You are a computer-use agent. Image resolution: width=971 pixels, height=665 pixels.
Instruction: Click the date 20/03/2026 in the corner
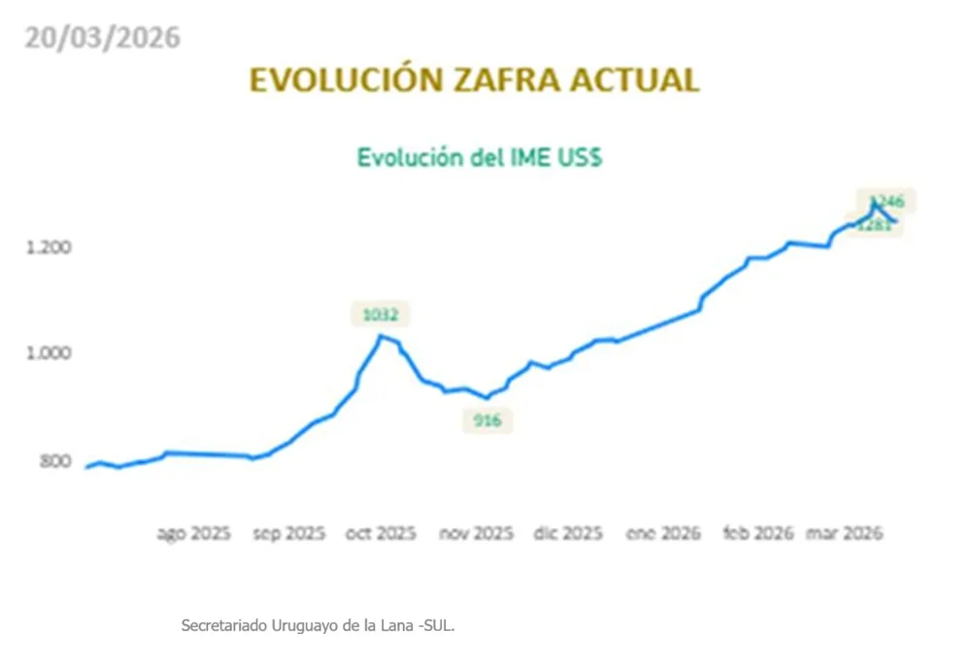pyautogui.click(x=102, y=37)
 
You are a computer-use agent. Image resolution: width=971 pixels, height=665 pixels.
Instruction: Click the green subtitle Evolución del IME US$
pyautogui.click(x=480, y=157)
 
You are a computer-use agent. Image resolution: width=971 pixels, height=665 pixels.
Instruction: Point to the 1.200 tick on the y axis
pyautogui.click(x=48, y=247)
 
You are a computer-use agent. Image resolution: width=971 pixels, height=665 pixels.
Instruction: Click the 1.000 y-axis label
pyautogui.click(x=48, y=352)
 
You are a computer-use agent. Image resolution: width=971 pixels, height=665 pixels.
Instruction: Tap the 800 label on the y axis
pyautogui.click(x=53, y=459)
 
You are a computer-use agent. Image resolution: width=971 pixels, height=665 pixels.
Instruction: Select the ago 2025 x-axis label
pyautogui.click(x=193, y=534)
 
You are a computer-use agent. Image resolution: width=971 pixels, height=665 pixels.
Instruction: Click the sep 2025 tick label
pyautogui.click(x=288, y=534)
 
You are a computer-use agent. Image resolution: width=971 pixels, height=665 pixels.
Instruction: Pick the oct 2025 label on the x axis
pyautogui.click(x=382, y=534)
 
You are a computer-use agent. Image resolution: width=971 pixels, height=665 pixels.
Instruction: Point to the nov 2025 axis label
pyautogui.click(x=476, y=534)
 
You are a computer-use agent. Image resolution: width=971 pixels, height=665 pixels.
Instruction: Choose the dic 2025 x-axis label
pyautogui.click(x=569, y=534)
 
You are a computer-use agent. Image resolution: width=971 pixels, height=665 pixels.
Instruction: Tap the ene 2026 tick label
pyautogui.click(x=663, y=534)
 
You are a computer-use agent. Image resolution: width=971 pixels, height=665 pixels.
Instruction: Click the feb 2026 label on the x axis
pyautogui.click(x=757, y=534)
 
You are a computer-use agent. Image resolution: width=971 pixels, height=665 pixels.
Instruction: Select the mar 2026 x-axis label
pyautogui.click(x=845, y=534)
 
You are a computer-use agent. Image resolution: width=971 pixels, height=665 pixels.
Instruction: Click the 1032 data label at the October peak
pyautogui.click(x=380, y=315)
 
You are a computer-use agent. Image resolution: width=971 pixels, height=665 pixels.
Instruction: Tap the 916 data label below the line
pyautogui.click(x=486, y=421)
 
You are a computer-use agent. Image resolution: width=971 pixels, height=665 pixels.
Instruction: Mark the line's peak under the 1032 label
pyautogui.click(x=381, y=336)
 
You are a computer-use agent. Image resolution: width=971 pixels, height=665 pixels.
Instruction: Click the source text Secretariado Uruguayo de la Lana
pyautogui.click(x=318, y=626)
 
